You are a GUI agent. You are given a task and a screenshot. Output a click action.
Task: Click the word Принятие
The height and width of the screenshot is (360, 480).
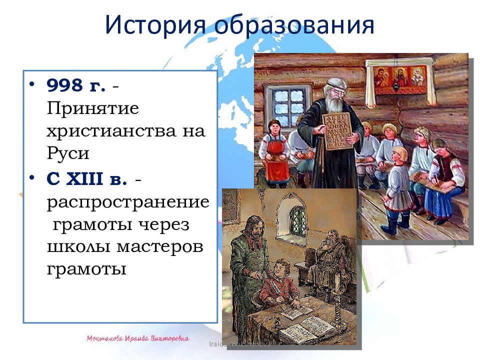(x=92, y=108)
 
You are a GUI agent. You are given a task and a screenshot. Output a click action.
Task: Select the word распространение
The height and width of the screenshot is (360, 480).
(x=128, y=202)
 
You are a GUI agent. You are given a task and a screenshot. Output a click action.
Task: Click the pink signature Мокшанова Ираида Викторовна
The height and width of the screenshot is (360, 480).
(x=137, y=339)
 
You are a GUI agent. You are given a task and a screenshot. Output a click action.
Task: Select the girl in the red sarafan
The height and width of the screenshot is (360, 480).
(x=274, y=150)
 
